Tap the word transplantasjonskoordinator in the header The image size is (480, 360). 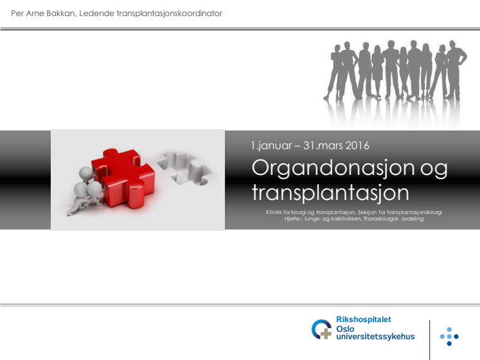pyautogui.click(x=169, y=14)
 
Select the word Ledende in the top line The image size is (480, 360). pyautogui.click(x=97, y=14)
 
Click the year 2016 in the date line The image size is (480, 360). pyautogui.click(x=357, y=145)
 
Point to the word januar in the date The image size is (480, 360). pyautogui.click(x=275, y=146)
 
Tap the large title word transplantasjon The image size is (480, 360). pyautogui.click(x=330, y=194)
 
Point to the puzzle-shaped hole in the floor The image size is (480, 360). pyautogui.click(x=185, y=168)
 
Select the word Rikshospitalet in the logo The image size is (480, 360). pyautogui.click(x=364, y=319)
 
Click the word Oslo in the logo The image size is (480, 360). pyautogui.click(x=345, y=328)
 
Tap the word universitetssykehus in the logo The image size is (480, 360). pyautogui.click(x=375, y=337)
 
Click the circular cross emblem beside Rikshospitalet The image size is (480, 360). pyautogui.click(x=322, y=329)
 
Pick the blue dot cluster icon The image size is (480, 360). pyautogui.click(x=449, y=336)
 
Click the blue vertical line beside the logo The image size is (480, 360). pyautogui.click(x=429, y=340)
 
